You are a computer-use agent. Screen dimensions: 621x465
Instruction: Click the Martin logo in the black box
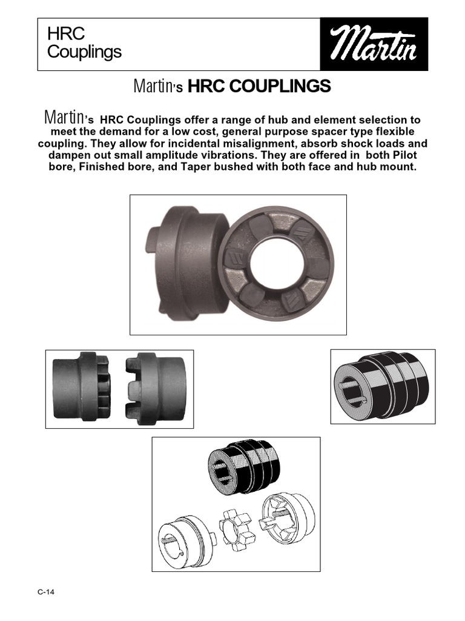[x=374, y=44]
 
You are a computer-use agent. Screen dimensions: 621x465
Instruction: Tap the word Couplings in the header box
[x=84, y=52]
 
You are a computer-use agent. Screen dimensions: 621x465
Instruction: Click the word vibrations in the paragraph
[x=224, y=155]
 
